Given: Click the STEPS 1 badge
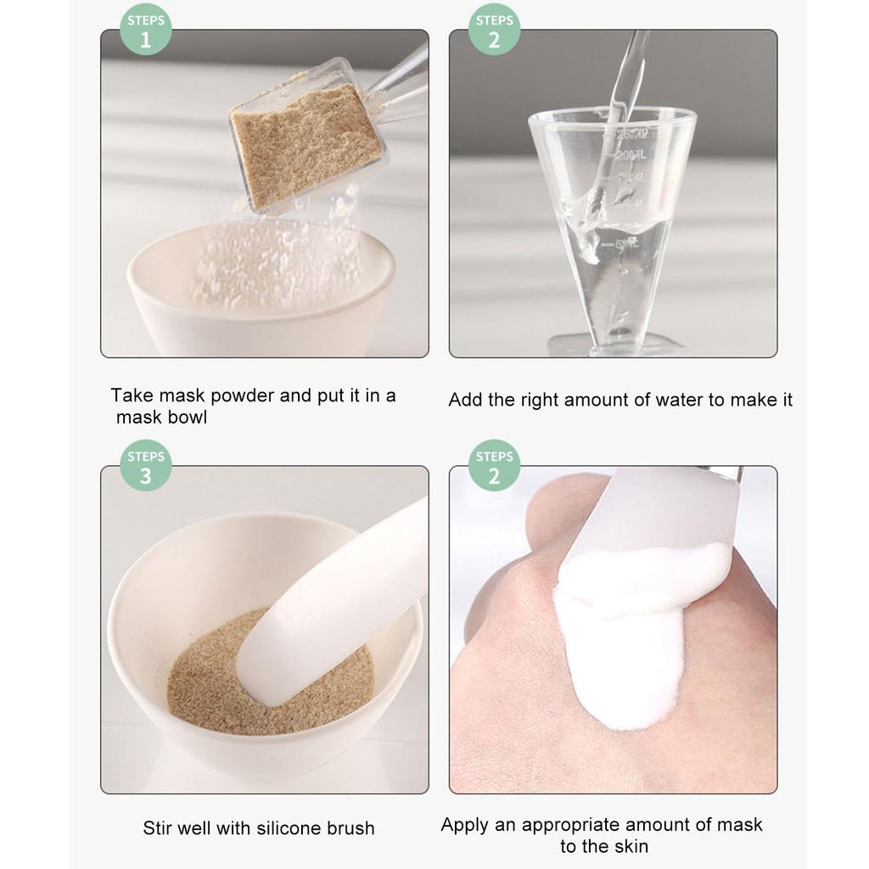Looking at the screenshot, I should (x=145, y=31).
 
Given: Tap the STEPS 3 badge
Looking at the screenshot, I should (x=145, y=466).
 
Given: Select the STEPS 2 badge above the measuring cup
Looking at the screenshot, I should (x=494, y=31).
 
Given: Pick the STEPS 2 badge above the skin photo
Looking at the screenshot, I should (x=494, y=466).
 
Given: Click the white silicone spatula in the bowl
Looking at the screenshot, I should (x=331, y=603).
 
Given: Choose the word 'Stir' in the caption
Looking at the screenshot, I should (x=159, y=828).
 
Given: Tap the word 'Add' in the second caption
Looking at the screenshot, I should (x=465, y=400).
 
